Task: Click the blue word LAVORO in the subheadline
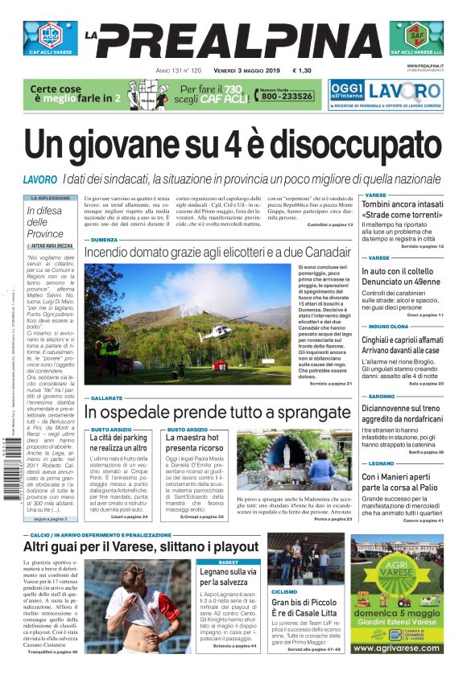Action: (40, 178)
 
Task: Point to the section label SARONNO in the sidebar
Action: (382, 397)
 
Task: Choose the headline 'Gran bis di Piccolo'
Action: (306, 602)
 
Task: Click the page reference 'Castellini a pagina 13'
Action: (329, 224)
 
